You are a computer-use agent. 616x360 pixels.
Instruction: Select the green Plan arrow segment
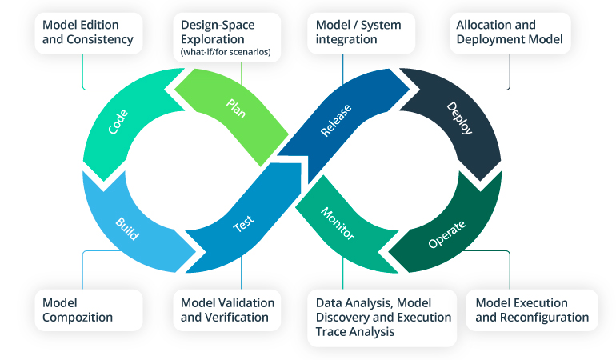pos(236,108)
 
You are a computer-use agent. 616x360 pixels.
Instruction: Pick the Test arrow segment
pos(243,226)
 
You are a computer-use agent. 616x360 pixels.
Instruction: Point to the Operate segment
pos(446,231)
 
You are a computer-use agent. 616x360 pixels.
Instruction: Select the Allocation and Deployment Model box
pos(510,31)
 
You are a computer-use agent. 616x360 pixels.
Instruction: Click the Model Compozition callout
pos(88,310)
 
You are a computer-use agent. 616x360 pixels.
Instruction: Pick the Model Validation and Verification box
pos(227,310)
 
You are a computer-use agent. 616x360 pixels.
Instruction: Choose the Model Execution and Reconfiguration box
pos(532,310)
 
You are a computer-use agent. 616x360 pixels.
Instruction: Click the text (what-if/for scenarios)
pos(226,53)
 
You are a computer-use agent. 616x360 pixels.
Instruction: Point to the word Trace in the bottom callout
pos(334,331)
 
